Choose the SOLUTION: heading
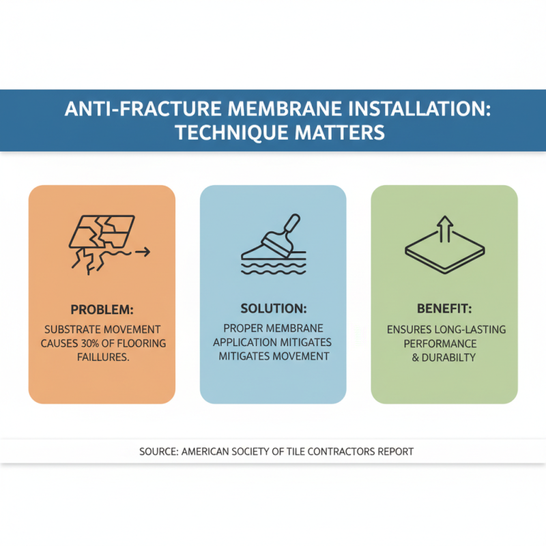pyautogui.click(x=273, y=309)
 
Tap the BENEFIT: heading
pyautogui.click(x=444, y=309)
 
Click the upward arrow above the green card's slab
pyautogui.click(x=444, y=227)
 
